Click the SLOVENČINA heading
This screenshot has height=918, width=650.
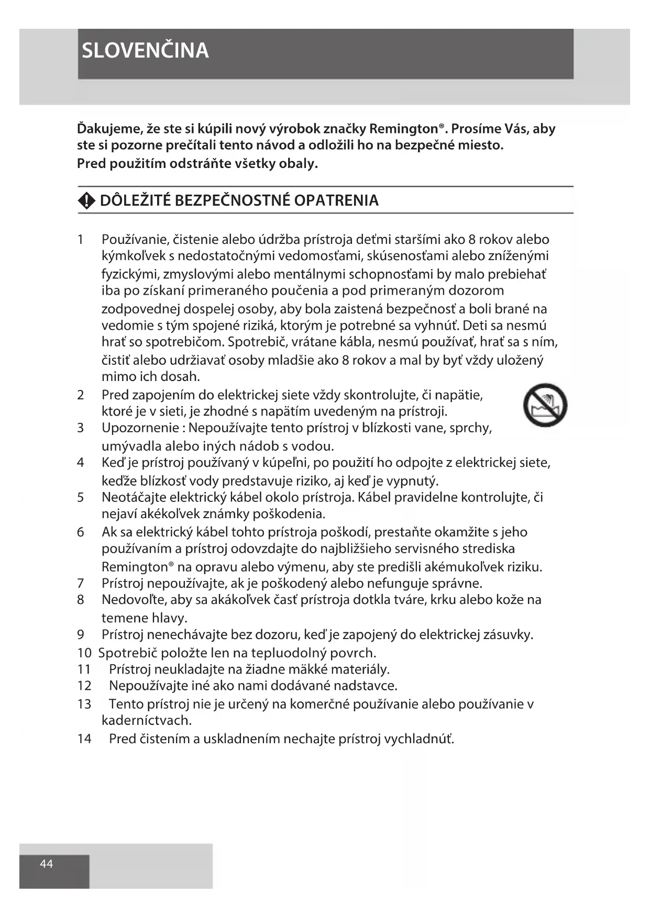pos(145,51)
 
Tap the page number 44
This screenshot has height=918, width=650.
pos(46,864)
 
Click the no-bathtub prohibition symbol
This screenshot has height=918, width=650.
pos(545,405)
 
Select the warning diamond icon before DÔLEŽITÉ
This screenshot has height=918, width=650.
pos(86,200)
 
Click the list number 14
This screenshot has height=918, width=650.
pos(84,738)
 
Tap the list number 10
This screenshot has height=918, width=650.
pos(84,653)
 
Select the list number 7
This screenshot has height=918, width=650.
pos(80,583)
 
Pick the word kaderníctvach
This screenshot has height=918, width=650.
pos(147,720)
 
